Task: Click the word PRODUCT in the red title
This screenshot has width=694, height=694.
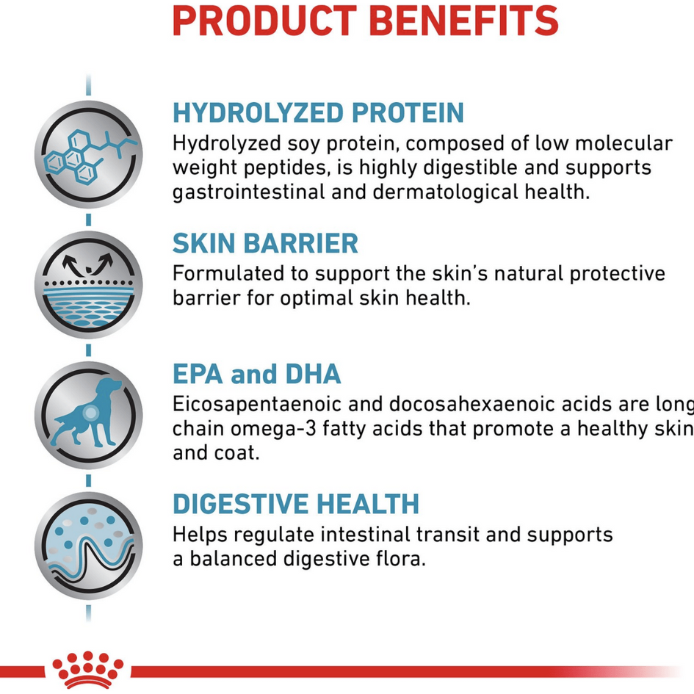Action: tap(264, 21)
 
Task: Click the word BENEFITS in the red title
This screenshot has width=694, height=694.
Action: tap(463, 21)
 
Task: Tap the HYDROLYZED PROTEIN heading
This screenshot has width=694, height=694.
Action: tap(318, 112)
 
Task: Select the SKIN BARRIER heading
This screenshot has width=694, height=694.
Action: tap(265, 243)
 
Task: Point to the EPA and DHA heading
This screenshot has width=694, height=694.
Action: tap(257, 374)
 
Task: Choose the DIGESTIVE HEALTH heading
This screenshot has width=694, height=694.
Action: tap(296, 504)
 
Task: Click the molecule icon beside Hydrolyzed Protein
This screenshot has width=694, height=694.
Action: tap(89, 154)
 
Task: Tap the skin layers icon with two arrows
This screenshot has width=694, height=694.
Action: tap(89, 285)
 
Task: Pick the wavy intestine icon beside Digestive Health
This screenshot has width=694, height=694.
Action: tap(89, 545)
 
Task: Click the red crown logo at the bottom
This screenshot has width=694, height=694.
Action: tap(87, 669)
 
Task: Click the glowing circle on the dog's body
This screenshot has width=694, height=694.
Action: tap(91, 413)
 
